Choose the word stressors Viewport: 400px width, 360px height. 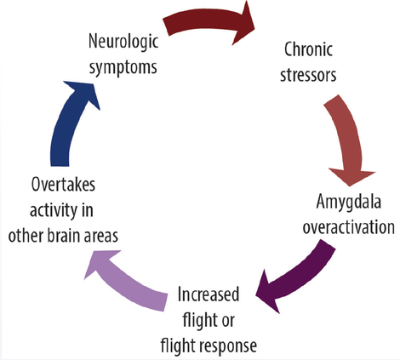[x=307, y=74]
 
